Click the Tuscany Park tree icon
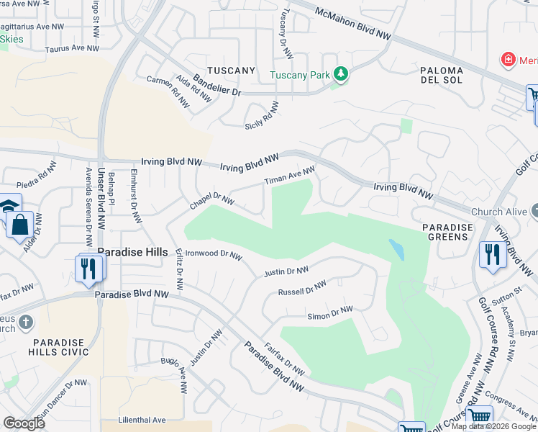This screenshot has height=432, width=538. pos(341,74)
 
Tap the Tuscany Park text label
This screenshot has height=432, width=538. pos(299,75)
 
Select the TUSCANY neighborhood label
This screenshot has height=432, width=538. pos(231,71)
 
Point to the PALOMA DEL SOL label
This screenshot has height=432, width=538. pos(443,76)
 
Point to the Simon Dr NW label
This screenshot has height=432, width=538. pos(330,312)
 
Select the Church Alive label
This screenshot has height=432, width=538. pos(500,212)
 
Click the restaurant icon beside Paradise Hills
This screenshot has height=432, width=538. pos(88,268)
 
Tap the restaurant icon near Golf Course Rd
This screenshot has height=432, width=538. pos(493,255)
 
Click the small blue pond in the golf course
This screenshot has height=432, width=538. pos(396,249)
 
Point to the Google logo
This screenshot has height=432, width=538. pos(24,423)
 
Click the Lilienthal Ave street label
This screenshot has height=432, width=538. pos(143,420)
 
